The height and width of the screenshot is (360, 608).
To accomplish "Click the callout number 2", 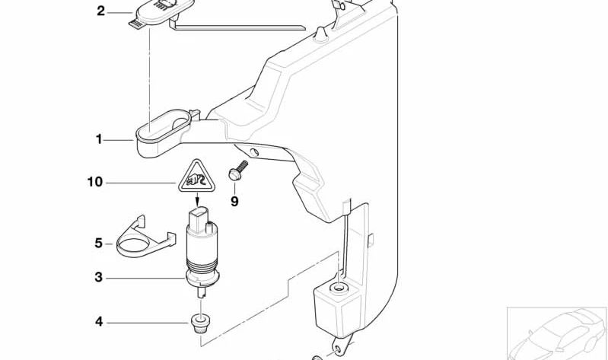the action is click(x=100, y=11).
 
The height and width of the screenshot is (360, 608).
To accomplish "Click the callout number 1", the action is click(x=99, y=139).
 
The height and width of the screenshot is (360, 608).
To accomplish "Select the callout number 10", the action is click(x=95, y=182).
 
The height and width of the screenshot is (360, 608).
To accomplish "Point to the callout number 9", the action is click(x=234, y=202).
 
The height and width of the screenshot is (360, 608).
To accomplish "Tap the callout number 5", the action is click(x=98, y=244).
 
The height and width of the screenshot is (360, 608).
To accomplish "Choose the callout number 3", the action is click(x=99, y=277).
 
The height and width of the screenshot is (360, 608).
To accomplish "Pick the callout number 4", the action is click(x=99, y=322).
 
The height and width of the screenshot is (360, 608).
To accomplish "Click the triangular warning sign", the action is click(x=197, y=177).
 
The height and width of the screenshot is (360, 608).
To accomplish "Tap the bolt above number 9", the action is click(x=238, y=170).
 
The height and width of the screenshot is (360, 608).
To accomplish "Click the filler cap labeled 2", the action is click(x=161, y=14).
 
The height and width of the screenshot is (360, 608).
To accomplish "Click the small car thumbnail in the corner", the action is click(x=557, y=333).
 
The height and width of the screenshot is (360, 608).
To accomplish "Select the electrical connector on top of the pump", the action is click(x=200, y=221).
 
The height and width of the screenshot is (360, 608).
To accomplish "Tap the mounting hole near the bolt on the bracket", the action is click(x=254, y=151).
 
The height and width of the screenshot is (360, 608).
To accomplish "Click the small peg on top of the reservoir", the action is click(x=321, y=34).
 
